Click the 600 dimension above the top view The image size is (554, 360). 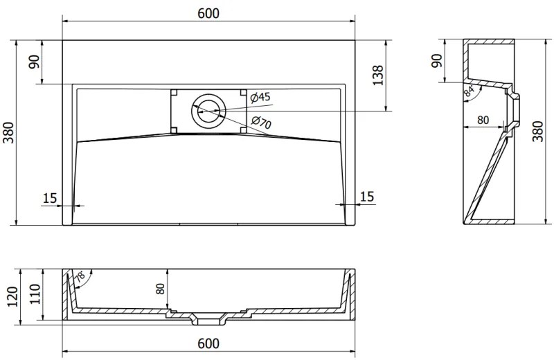[x=208, y=13]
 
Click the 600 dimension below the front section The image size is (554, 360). [x=208, y=343]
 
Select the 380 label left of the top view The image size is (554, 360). [x=8, y=132]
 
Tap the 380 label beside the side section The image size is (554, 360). [x=537, y=131]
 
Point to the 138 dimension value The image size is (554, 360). [x=377, y=75]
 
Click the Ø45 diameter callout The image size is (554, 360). [x=260, y=97]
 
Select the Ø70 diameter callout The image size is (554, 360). [x=262, y=123]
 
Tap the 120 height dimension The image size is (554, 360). [x=12, y=297]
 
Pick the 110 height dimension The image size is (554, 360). [x=35, y=294]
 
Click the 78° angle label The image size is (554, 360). [x=80, y=276]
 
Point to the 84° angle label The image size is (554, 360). [x=470, y=91]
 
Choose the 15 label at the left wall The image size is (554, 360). [x=49, y=198]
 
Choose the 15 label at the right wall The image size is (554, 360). [x=367, y=197]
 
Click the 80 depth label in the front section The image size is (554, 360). [x=161, y=289]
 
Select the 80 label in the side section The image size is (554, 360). [x=483, y=120]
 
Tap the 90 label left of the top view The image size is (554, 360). [x=35, y=62]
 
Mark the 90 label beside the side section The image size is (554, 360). [x=438, y=61]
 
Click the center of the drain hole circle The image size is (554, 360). [x=208, y=111]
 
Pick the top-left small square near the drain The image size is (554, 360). [x=174, y=93]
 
